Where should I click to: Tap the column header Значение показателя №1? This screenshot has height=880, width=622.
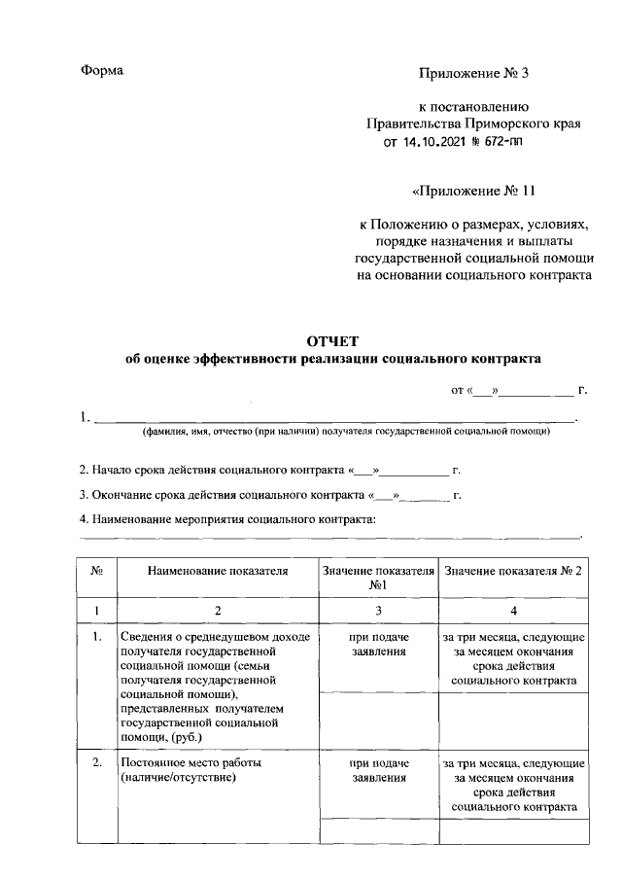(378, 579)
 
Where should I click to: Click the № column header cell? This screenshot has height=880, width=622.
(97, 572)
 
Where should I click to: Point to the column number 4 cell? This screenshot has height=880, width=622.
(514, 610)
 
